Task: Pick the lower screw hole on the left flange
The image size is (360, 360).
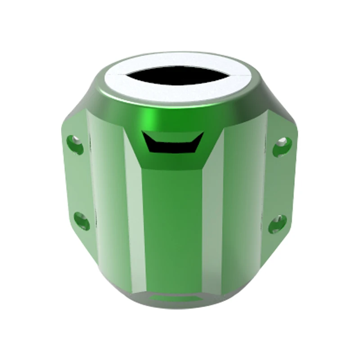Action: coord(81,220)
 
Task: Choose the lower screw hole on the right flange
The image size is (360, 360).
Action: coord(277,223)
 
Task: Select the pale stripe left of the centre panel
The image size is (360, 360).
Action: coord(135,225)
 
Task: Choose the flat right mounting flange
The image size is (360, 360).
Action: coord(281,184)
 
